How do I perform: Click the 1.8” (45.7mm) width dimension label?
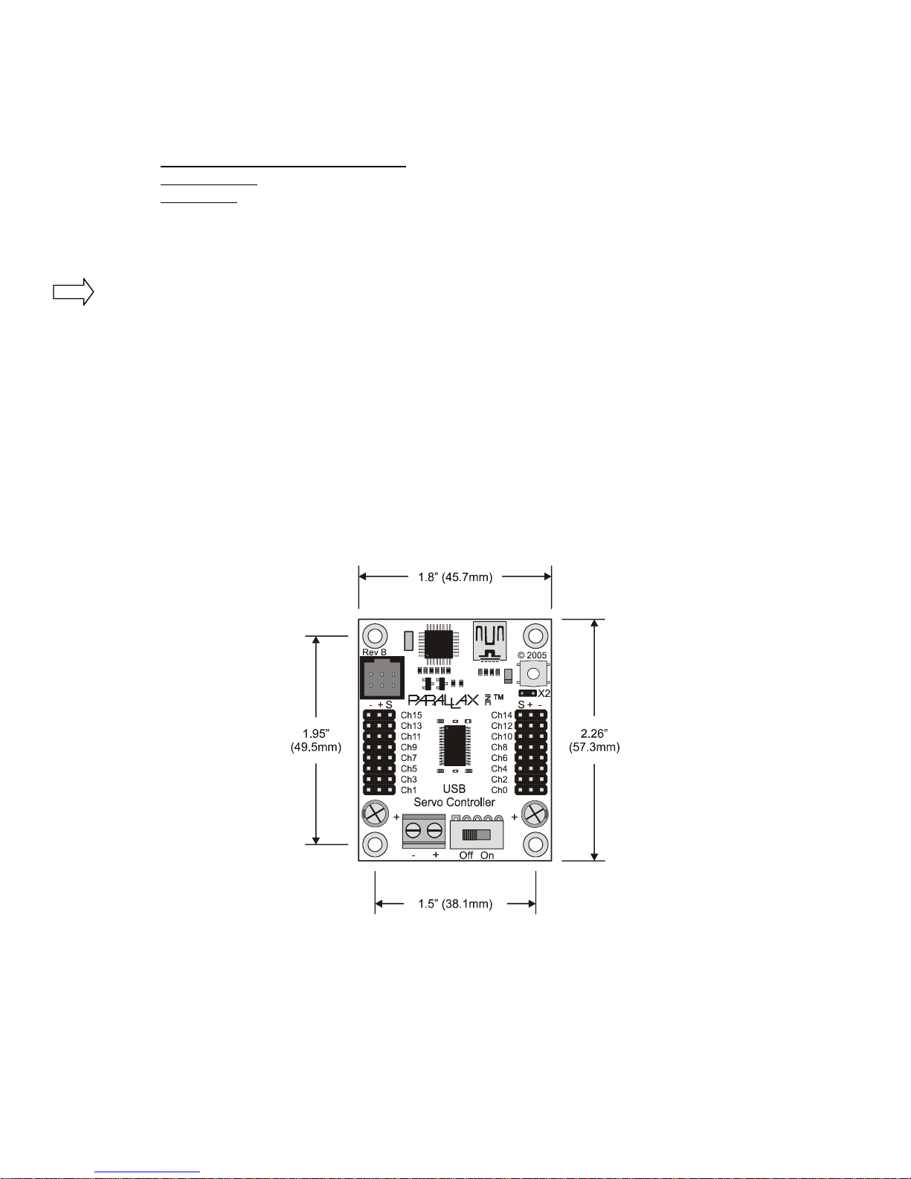pyautogui.click(x=455, y=577)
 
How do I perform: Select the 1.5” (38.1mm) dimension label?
pyautogui.click(x=455, y=904)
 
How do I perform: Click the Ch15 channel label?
pyautogui.click(x=411, y=715)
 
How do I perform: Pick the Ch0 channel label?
pyautogui.click(x=500, y=790)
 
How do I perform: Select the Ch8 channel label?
pyautogui.click(x=500, y=747)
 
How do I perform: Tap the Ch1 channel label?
pyautogui.click(x=409, y=790)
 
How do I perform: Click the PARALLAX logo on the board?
pyautogui.click(x=443, y=701)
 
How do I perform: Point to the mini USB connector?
pyautogui.click(x=489, y=641)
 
